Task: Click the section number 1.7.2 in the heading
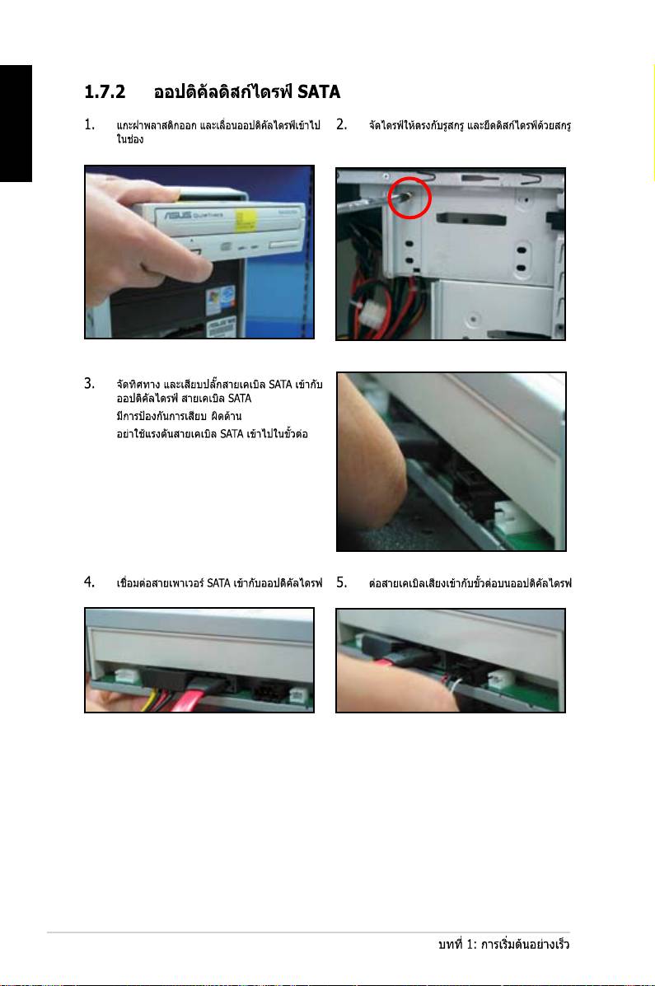(x=105, y=91)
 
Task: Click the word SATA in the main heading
(x=319, y=91)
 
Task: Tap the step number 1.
(x=89, y=124)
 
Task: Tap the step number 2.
(x=341, y=124)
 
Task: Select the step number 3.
(x=89, y=384)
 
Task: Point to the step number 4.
(x=89, y=582)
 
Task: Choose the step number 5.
(x=341, y=582)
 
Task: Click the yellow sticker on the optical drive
(x=246, y=221)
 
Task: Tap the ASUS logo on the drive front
(x=178, y=215)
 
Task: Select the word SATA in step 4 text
(x=218, y=583)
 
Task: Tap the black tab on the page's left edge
(x=16, y=124)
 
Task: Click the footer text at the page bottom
(x=504, y=944)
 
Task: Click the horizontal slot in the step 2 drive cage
(x=470, y=218)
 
